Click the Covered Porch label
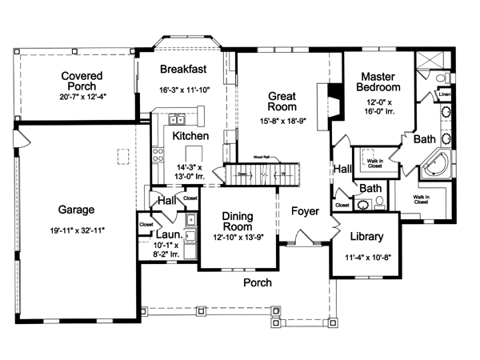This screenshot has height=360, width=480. (x=82, y=81)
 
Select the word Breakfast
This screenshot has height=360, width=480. (x=184, y=69)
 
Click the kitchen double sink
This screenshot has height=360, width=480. (x=177, y=121)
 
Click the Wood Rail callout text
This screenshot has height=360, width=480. (x=262, y=157)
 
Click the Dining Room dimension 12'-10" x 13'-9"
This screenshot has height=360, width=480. (x=238, y=238)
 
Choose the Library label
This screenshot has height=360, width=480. (x=367, y=237)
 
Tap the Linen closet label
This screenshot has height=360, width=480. (x=445, y=94)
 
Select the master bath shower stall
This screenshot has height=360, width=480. (x=432, y=64)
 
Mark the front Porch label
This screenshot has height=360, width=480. (x=258, y=282)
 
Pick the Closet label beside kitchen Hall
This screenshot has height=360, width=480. (x=190, y=198)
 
